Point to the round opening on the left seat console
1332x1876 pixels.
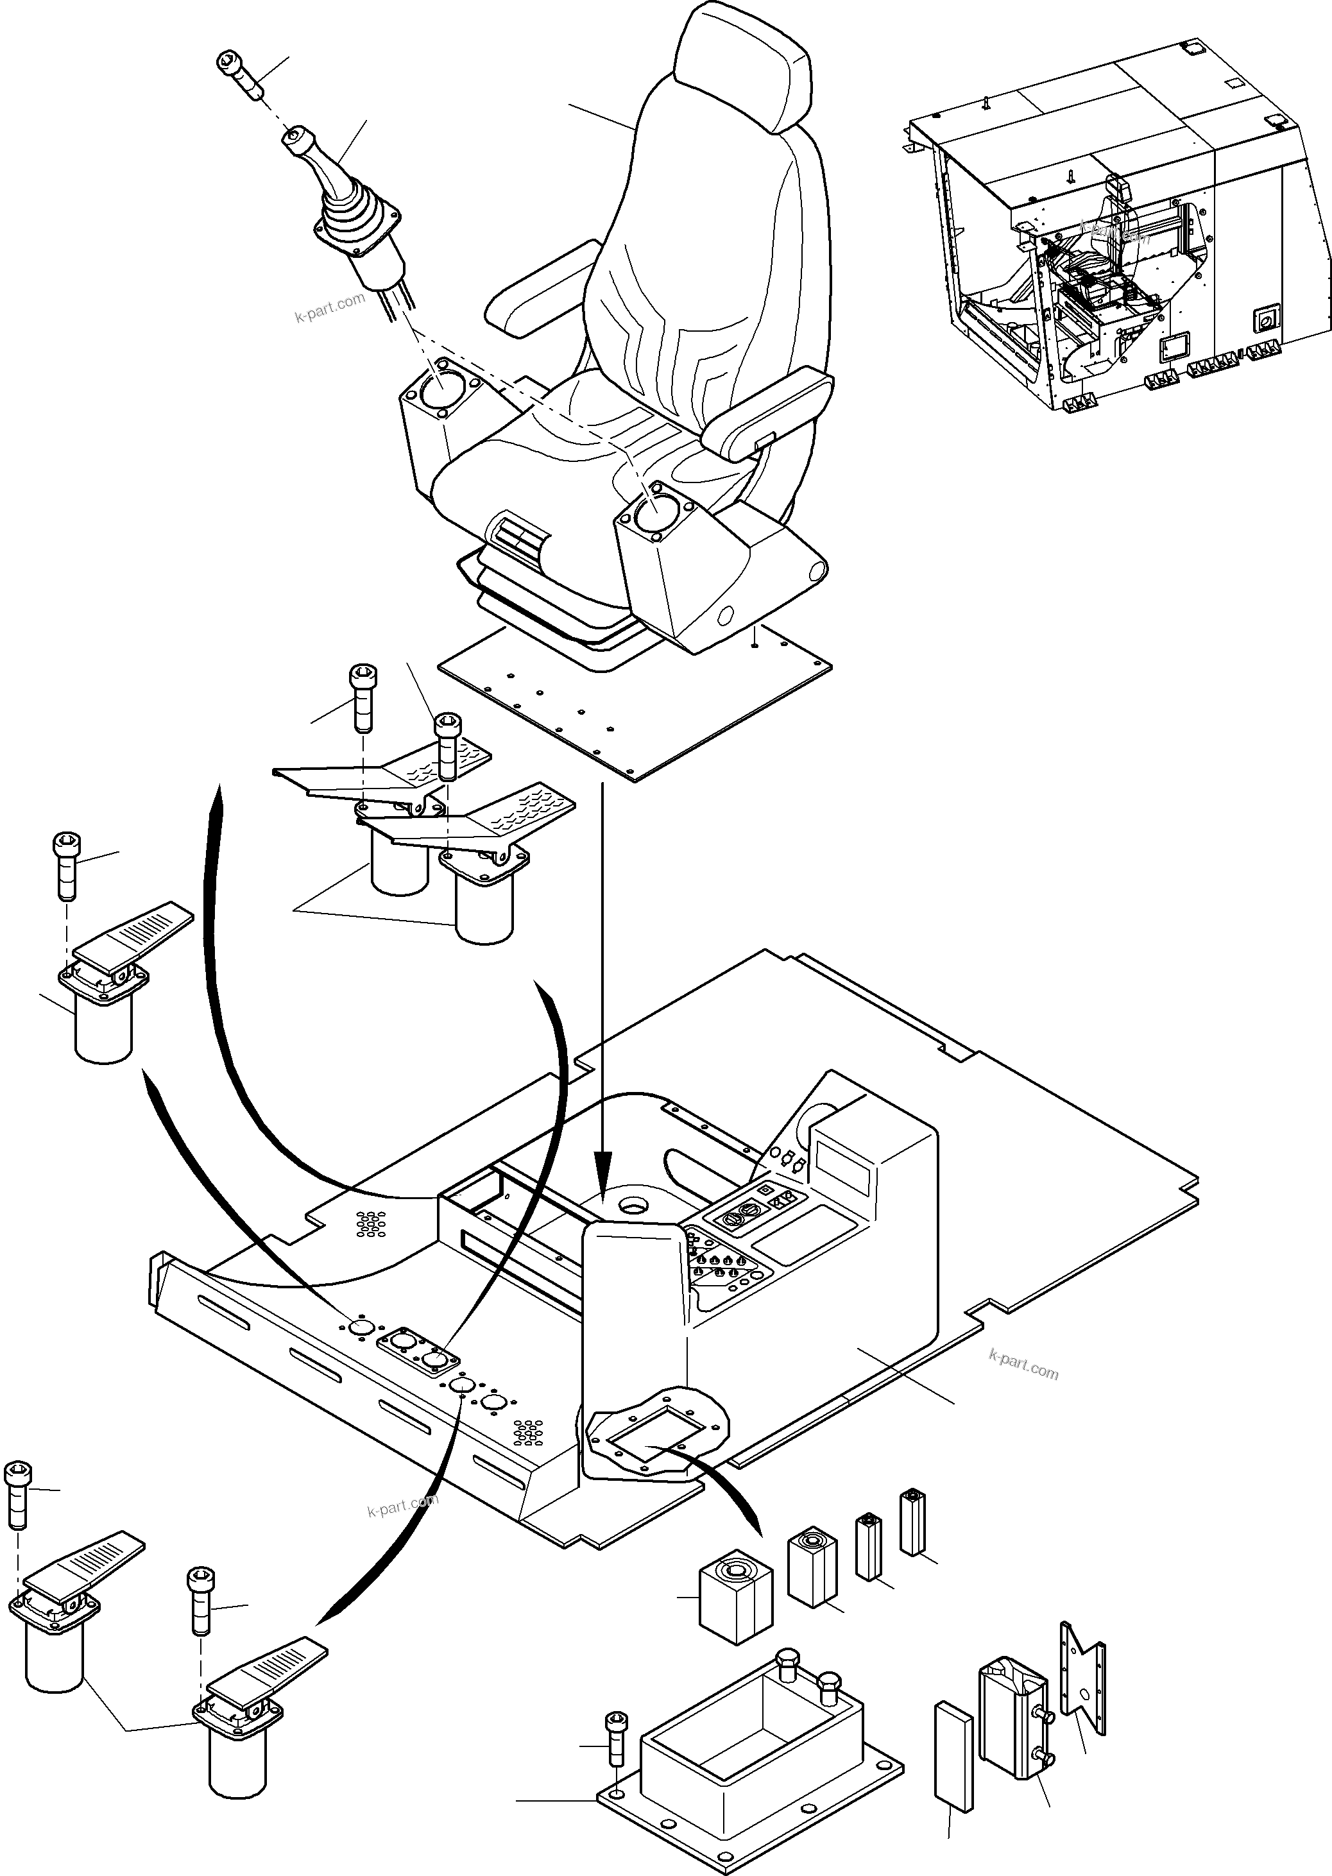443,386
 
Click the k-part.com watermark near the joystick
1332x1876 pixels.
330,307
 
